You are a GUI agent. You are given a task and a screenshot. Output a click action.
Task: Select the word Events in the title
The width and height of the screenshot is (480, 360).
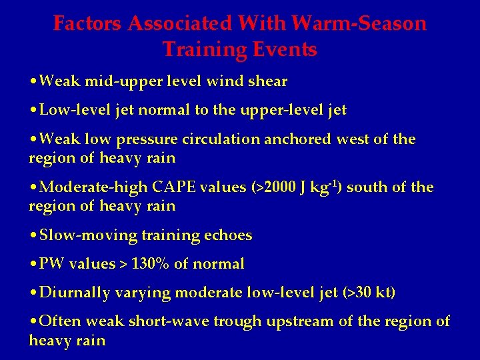tap(287, 49)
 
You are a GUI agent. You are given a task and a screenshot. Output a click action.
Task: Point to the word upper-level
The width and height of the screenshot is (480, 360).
tap(287, 110)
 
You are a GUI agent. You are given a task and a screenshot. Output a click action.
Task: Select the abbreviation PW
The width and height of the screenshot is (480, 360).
tap(50, 265)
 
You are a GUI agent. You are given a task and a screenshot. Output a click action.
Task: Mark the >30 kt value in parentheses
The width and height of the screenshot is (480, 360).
tap(366, 293)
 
